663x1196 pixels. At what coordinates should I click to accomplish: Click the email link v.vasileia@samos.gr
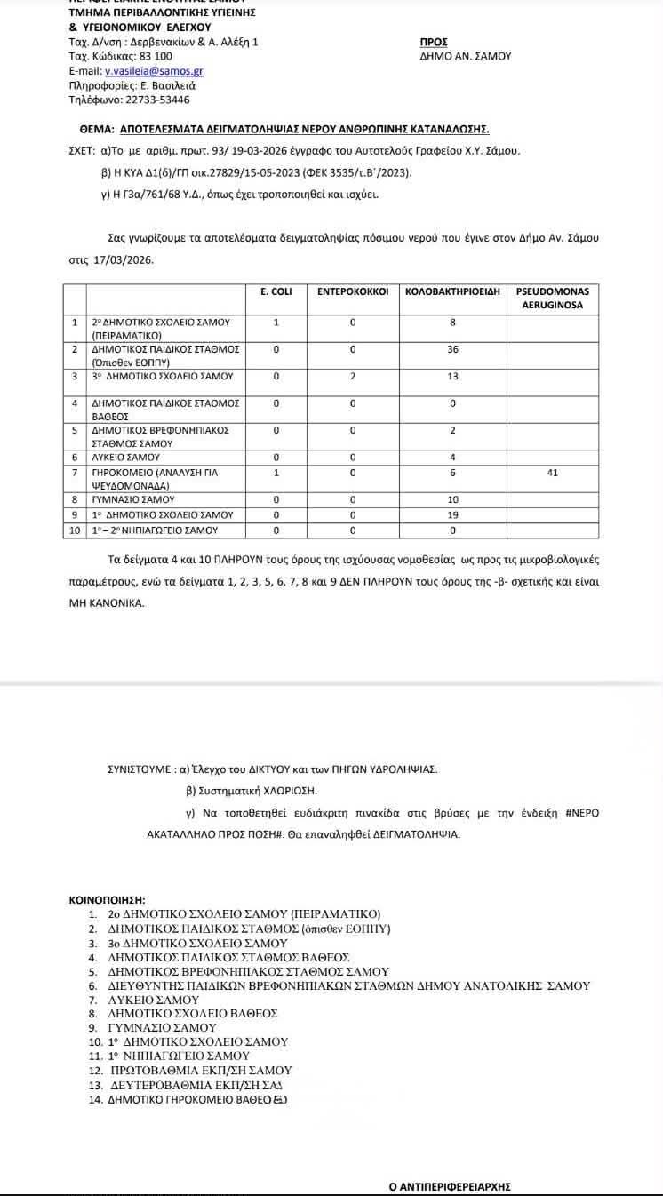[x=154, y=71]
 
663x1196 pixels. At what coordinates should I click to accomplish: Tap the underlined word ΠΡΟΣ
[x=433, y=42]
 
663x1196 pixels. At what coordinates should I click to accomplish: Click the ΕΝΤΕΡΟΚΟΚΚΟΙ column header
[x=353, y=291]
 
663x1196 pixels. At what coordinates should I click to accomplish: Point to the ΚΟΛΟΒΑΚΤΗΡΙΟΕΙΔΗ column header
[x=452, y=291]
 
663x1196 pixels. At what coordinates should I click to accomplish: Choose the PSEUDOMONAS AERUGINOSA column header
[x=552, y=298]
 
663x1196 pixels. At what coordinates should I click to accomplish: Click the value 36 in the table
[x=452, y=349]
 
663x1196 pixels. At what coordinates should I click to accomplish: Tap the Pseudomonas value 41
[x=552, y=473]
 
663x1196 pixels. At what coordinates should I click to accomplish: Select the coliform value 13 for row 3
[x=452, y=377]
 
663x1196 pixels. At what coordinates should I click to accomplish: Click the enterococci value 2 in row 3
[x=353, y=377]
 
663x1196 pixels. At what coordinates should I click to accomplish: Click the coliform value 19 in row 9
[x=452, y=514]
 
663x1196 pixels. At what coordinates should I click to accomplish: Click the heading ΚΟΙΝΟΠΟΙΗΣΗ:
[x=107, y=900]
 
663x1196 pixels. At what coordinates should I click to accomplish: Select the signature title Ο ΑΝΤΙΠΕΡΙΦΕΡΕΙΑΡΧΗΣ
[x=450, y=1186]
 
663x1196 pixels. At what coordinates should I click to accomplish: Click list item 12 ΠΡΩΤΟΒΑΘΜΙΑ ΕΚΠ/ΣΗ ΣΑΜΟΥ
[x=200, y=1071]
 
